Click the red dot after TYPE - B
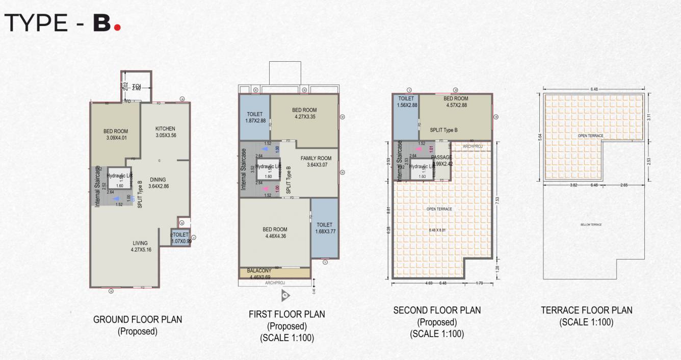(117, 27)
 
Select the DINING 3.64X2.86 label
(158, 183)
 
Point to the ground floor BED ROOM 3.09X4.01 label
(116, 134)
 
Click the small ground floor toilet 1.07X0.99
(181, 238)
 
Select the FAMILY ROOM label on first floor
(316, 161)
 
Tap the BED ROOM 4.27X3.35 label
(304, 113)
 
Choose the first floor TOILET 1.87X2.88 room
(254, 117)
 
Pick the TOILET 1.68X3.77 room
(324, 228)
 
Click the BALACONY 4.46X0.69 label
(260, 273)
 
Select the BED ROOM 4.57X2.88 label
(456, 102)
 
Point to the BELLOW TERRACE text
(591, 225)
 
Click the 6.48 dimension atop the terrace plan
(594, 89)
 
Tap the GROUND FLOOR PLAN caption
(138, 320)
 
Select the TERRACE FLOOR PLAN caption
(586, 310)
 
